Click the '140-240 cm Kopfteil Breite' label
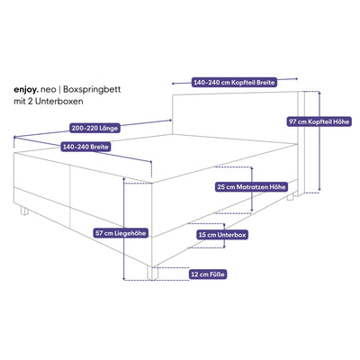(x=234, y=82)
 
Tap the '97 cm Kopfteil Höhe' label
(x=319, y=121)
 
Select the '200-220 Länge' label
(x=94, y=128)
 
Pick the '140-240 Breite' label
(x=85, y=147)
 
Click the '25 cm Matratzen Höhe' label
(x=252, y=187)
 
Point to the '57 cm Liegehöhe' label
(x=121, y=233)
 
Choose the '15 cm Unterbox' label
(x=222, y=235)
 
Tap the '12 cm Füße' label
(x=208, y=274)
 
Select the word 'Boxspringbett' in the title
(x=93, y=90)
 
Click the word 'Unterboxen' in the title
(x=58, y=101)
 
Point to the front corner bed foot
(x=152, y=274)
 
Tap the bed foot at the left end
(x=24, y=211)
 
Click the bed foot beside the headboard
(x=290, y=197)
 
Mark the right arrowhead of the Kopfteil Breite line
(x=297, y=78)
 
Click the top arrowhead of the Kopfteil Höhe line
(x=319, y=93)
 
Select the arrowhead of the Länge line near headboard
(x=170, y=121)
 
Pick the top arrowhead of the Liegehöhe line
(x=123, y=178)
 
